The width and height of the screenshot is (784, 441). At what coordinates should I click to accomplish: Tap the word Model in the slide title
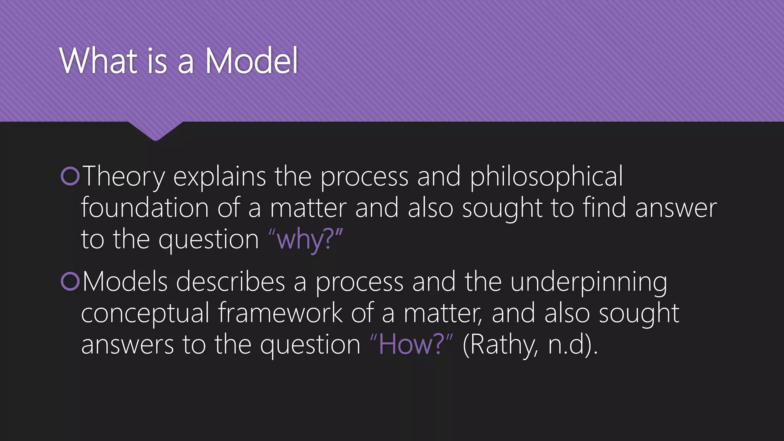(x=252, y=61)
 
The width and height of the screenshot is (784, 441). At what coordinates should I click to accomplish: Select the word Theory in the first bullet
(x=123, y=177)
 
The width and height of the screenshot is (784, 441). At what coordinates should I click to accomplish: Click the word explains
(x=219, y=177)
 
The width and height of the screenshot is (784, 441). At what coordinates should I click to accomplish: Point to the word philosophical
(x=546, y=177)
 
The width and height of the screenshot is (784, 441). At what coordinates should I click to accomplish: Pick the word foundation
(x=145, y=208)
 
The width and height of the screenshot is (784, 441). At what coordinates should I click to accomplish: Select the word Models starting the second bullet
(x=125, y=282)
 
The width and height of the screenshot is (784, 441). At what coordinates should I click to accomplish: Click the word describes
(x=230, y=282)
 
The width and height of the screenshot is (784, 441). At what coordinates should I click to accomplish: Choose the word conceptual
(x=145, y=313)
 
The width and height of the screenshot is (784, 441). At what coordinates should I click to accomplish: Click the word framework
(x=280, y=313)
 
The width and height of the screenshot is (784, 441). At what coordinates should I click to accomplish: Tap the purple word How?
(x=411, y=345)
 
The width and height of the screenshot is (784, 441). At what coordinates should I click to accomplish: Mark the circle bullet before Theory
(x=70, y=176)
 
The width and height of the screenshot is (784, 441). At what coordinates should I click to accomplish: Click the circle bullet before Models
(x=70, y=281)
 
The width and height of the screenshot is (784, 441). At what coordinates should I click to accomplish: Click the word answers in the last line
(x=127, y=345)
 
